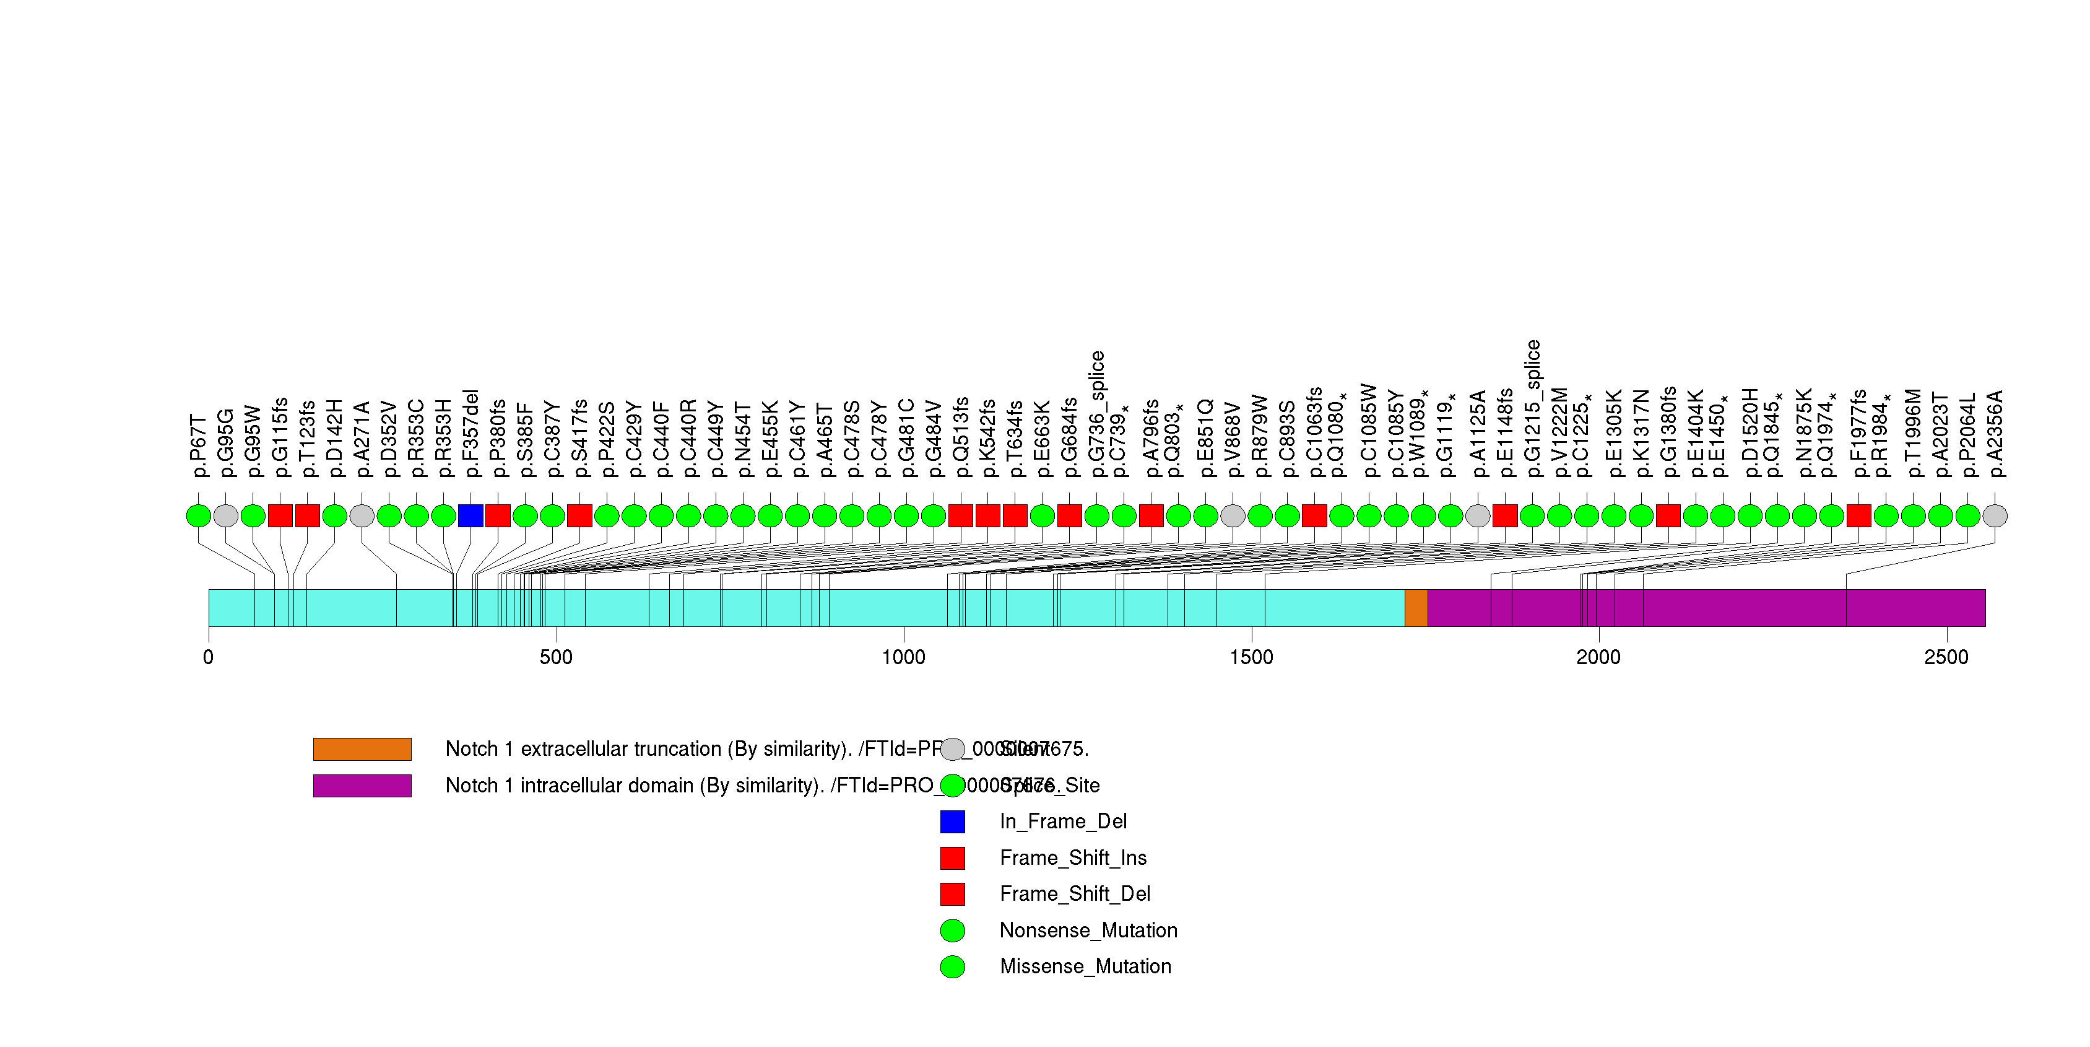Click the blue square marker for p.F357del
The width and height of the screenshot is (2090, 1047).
tap(470, 515)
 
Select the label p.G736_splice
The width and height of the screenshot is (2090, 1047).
tap(1097, 414)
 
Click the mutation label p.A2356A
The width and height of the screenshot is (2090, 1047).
tap(1995, 434)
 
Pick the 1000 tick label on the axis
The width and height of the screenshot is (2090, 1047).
tap(903, 657)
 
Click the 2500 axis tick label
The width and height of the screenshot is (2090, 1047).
tap(1946, 657)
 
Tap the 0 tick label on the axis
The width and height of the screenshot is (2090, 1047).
tap(209, 657)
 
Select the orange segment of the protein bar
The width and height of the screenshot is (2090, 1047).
tap(1416, 608)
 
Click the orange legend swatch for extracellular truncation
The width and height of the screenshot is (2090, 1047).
tap(362, 749)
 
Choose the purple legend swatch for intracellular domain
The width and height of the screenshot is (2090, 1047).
tap(362, 786)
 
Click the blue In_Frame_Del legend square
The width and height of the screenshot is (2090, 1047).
tap(953, 821)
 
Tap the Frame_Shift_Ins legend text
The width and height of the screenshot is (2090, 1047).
tap(1073, 858)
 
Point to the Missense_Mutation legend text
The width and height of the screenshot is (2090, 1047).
tap(1085, 966)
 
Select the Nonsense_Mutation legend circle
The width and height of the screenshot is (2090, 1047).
tap(953, 930)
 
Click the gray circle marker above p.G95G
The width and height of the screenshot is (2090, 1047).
tap(225, 515)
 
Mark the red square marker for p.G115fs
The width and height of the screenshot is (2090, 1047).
tap(280, 515)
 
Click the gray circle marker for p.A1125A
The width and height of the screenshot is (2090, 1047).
tap(1478, 515)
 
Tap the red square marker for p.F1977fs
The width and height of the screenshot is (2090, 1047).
tap(1858, 515)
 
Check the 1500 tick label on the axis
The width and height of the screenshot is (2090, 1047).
tap(1251, 657)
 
